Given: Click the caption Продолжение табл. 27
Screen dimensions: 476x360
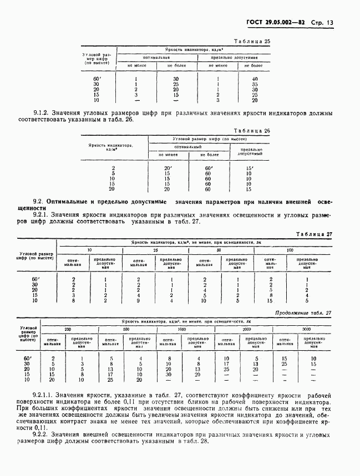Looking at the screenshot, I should [x=303, y=313].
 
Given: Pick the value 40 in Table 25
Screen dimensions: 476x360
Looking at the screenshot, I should [x=255, y=79].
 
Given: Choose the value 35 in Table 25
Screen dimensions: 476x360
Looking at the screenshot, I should [x=255, y=84].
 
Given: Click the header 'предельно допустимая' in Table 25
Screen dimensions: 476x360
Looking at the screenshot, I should [x=234, y=58].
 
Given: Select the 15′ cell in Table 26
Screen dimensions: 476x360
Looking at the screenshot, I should [x=249, y=168].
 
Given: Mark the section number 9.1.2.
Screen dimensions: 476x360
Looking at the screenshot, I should [x=42, y=114].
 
